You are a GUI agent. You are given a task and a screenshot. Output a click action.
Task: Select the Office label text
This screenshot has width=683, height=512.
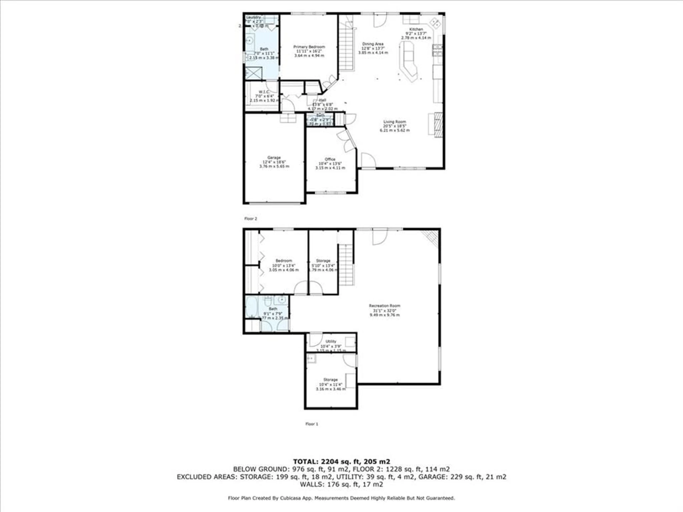[330, 159]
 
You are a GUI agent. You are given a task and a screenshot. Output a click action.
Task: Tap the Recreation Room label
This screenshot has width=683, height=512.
[384, 306]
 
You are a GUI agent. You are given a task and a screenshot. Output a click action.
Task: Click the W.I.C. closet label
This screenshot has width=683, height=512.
[264, 92]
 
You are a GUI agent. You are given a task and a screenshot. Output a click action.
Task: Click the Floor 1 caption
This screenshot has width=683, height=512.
[312, 424]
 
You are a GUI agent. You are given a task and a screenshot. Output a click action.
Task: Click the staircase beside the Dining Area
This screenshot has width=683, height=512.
[346, 49]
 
